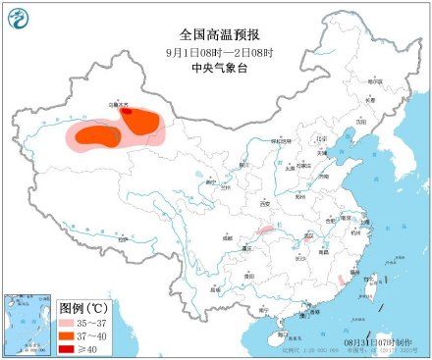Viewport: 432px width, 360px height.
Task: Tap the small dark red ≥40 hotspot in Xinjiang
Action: click(x=125, y=112)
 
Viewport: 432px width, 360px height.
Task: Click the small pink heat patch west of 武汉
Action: click(x=264, y=231)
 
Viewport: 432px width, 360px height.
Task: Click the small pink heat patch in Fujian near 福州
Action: click(x=340, y=281)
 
